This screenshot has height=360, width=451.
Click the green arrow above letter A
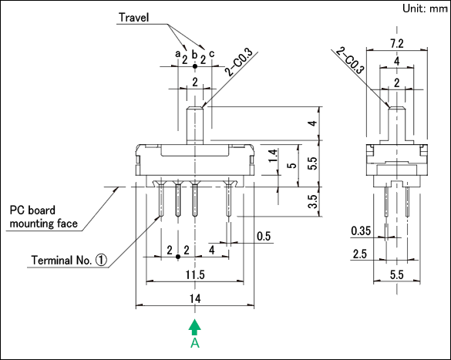[195, 327]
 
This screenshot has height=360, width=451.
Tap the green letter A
[195, 343]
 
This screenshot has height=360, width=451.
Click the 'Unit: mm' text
[425, 8]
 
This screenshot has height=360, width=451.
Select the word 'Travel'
[133, 18]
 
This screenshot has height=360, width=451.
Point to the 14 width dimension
[195, 298]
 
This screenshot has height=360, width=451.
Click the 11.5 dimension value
[195, 274]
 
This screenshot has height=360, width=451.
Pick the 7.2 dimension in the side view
[397, 44]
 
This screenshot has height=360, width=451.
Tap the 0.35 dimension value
[361, 230]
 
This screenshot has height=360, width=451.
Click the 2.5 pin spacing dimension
[360, 254]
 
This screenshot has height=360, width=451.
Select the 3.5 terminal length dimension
[313, 201]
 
